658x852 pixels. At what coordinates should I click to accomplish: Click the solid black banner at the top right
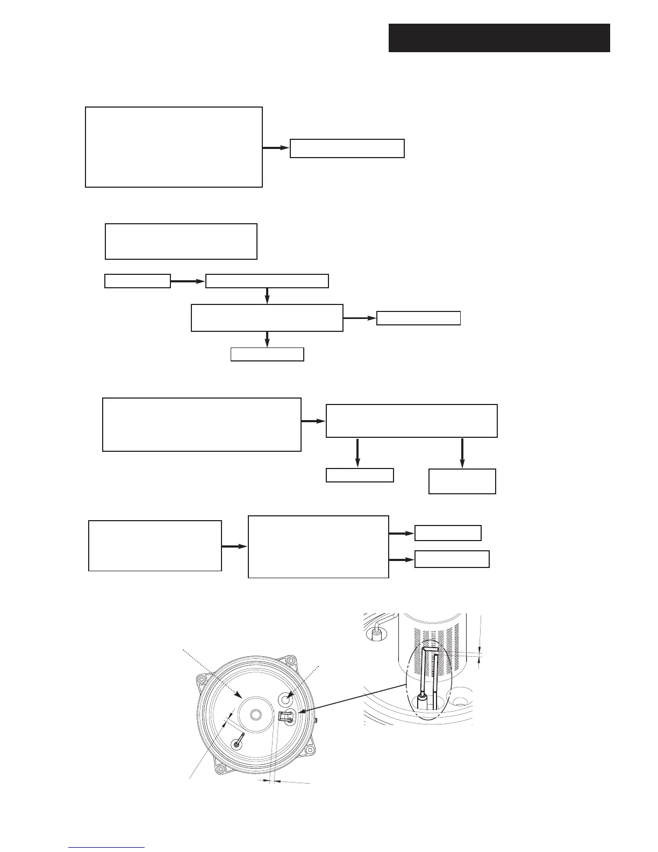click(x=499, y=38)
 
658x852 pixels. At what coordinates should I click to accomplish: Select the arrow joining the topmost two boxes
click(x=276, y=147)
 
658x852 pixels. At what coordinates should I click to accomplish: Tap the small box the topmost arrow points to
click(x=347, y=148)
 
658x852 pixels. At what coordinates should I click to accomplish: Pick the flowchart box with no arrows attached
click(x=181, y=242)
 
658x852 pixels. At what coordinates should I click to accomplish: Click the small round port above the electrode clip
click(x=284, y=698)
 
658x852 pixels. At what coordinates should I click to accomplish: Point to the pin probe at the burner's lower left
click(x=238, y=741)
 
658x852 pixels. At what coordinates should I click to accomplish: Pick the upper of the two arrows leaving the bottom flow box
click(x=401, y=534)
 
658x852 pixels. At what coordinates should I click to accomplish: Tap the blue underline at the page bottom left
click(x=106, y=848)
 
